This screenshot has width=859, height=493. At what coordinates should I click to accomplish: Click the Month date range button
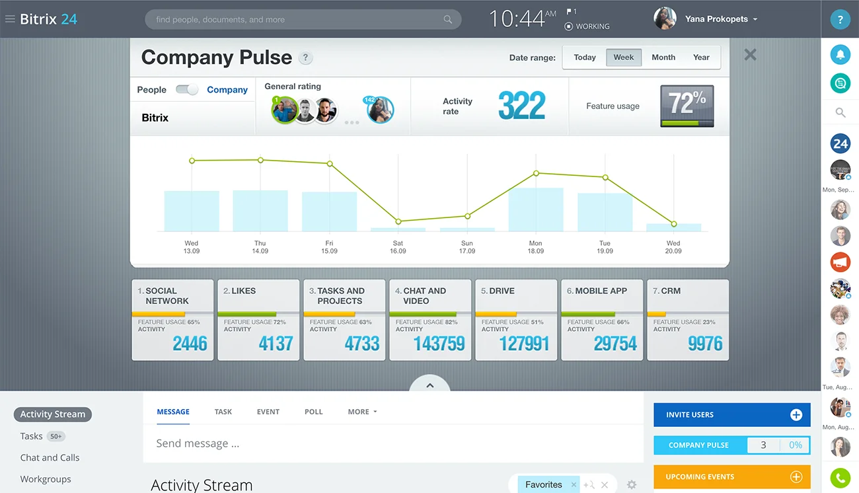(663, 57)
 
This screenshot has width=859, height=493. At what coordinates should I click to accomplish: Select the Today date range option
(585, 57)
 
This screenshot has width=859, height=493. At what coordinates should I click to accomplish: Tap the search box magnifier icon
(448, 19)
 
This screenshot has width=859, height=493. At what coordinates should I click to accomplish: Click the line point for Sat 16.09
(398, 222)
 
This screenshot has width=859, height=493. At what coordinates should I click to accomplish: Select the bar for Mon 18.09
(536, 209)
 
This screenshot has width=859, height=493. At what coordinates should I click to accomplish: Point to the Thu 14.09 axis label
(260, 247)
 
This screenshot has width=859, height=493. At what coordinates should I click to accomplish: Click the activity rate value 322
(521, 106)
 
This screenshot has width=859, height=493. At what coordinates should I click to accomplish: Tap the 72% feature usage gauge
(687, 106)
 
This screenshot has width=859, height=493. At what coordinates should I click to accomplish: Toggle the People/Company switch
(187, 90)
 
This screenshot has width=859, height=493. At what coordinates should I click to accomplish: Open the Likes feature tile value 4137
(276, 344)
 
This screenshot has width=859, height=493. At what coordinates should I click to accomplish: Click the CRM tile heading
(671, 291)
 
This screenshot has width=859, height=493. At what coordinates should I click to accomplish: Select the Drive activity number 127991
(524, 344)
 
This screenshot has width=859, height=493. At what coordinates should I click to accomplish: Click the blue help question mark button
(840, 19)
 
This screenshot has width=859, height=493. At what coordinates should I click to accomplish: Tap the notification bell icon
(840, 55)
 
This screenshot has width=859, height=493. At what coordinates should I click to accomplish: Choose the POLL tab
(314, 412)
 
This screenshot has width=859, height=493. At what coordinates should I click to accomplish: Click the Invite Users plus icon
(796, 415)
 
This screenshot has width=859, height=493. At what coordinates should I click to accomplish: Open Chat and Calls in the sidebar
(50, 457)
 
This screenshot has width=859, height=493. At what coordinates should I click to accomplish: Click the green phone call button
(840, 477)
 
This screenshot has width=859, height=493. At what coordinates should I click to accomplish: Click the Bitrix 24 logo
(48, 19)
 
